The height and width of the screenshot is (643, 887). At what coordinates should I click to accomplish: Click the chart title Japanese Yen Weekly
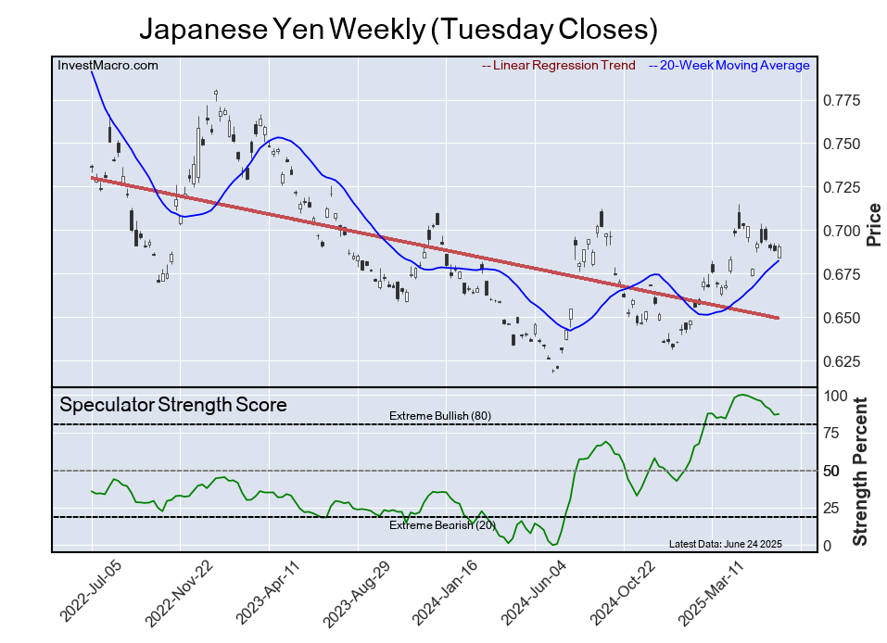[x=399, y=30]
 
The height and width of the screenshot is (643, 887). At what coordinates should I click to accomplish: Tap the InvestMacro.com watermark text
[x=108, y=65]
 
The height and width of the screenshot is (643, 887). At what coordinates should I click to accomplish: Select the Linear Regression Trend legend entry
[x=559, y=65]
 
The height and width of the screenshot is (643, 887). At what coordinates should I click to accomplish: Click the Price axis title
[x=873, y=224]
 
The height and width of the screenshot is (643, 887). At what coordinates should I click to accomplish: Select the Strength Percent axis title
[x=859, y=471]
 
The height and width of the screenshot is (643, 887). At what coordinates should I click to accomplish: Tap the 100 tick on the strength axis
[x=836, y=396]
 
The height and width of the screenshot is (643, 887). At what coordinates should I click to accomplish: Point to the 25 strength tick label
[x=832, y=509]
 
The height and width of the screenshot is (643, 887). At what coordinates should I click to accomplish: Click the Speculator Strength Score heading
[x=173, y=405]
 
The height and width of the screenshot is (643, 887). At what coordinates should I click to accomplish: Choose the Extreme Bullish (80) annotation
[x=440, y=416]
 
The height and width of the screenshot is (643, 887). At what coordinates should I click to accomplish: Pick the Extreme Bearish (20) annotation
[x=442, y=525]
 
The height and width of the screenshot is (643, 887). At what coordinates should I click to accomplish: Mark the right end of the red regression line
[x=779, y=319]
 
